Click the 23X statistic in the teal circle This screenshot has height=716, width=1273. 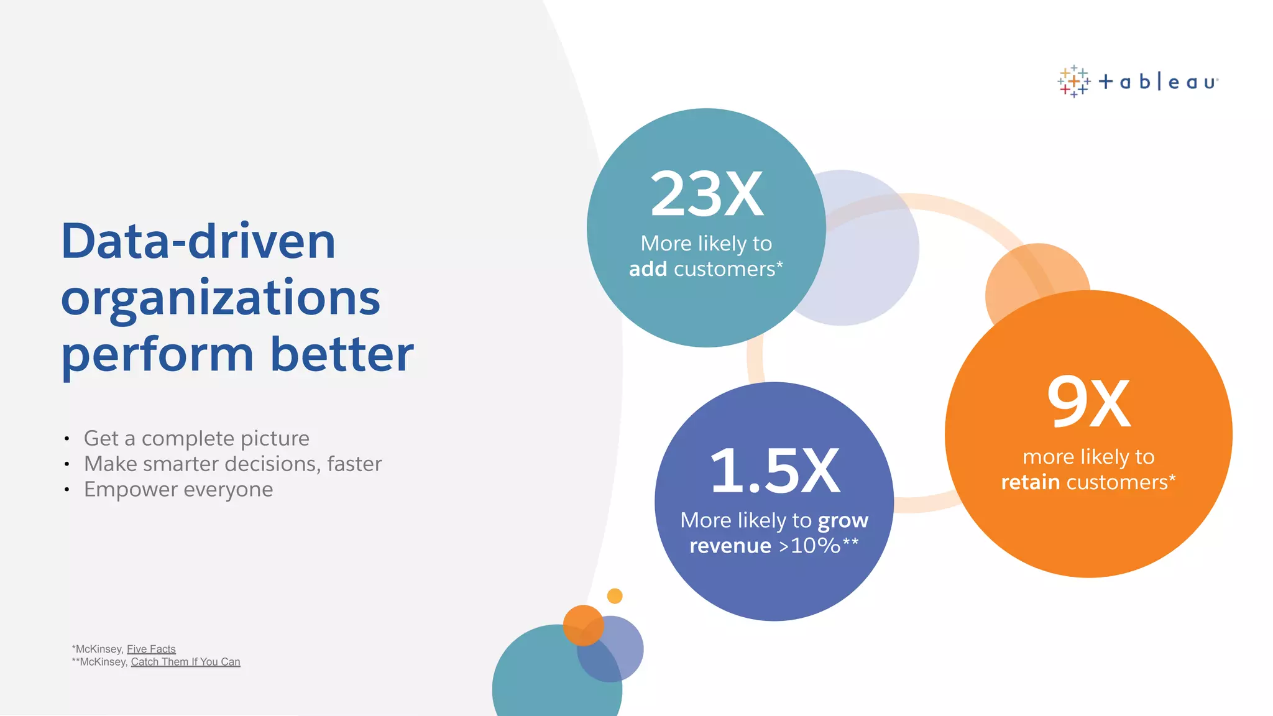pyautogui.click(x=707, y=195)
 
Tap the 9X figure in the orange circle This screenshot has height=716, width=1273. pyautogui.click(x=1088, y=403)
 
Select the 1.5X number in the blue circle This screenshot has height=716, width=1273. pyautogui.click(x=774, y=471)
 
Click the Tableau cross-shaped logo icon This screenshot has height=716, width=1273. pyautogui.click(x=1073, y=81)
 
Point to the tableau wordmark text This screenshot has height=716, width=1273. pyautogui.click(x=1158, y=82)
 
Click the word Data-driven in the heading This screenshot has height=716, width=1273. pyautogui.click(x=198, y=241)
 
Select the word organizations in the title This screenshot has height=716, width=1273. pyautogui.click(x=221, y=298)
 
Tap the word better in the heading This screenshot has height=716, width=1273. pyautogui.click(x=342, y=354)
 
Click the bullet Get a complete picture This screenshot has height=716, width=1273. pyautogui.click(x=196, y=438)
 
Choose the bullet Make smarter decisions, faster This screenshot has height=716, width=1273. pyautogui.click(x=232, y=464)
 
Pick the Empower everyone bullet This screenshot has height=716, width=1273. pyautogui.click(x=178, y=489)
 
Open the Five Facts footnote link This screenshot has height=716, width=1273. pyautogui.click(x=151, y=649)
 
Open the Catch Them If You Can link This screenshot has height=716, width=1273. pyautogui.click(x=185, y=662)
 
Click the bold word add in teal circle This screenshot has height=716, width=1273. pyautogui.click(x=648, y=269)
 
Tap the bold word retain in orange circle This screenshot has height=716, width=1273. pyautogui.click(x=1030, y=482)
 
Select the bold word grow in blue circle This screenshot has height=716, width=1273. pyautogui.click(x=843, y=521)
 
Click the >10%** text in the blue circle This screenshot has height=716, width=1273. pyautogui.click(x=819, y=546)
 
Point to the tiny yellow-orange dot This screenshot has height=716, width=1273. pyautogui.click(x=615, y=596)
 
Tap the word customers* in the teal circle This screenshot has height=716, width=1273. pyautogui.click(x=728, y=269)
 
